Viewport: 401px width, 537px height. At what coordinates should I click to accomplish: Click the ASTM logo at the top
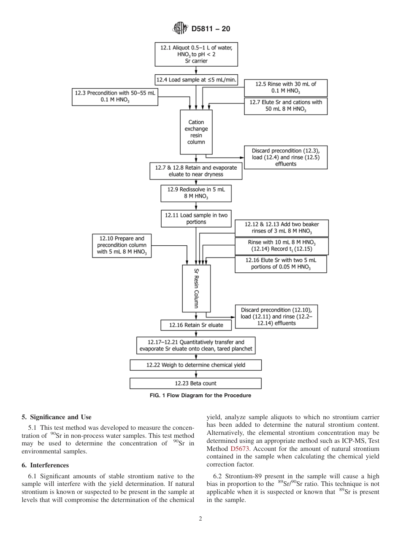point(180,29)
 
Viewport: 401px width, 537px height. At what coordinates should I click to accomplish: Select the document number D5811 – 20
point(211,29)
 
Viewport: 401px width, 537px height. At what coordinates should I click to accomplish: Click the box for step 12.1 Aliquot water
point(196,54)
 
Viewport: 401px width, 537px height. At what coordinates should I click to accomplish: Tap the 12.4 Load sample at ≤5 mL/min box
point(196,79)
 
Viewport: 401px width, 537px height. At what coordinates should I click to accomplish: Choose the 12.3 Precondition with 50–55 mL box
point(115,97)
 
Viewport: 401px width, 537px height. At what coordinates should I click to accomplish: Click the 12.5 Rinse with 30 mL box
point(286,87)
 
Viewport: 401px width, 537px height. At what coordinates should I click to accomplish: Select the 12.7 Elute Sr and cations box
point(286,106)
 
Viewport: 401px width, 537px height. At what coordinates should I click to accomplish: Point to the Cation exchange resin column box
point(196,132)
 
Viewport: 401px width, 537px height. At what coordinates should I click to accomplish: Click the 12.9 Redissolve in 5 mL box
point(196,193)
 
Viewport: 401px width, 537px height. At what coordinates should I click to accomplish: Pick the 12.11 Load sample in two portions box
point(196,218)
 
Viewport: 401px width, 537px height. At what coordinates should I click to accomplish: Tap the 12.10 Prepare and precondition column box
point(122,246)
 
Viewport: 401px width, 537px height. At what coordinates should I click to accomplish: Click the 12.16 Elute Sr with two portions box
point(280,264)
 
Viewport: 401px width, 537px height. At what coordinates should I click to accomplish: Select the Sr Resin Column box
point(196,288)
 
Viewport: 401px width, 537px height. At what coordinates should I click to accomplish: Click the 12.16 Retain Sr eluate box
point(196,325)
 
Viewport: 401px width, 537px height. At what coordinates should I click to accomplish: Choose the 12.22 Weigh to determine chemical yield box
point(195,365)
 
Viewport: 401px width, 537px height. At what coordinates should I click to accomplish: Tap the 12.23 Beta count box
point(195,383)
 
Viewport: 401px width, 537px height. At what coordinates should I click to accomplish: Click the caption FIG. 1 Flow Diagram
point(200,396)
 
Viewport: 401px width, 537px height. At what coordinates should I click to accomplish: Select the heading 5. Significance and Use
point(57,417)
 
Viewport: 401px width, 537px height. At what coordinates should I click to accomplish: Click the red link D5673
point(238,449)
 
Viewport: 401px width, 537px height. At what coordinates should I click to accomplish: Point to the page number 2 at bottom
point(200,519)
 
